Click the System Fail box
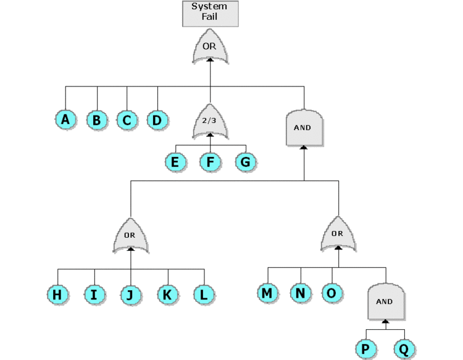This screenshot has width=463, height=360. tap(211, 14)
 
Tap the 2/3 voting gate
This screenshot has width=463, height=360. tap(211, 121)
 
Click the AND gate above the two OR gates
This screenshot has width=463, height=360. tap(304, 128)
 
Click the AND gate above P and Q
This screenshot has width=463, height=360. tap(386, 301)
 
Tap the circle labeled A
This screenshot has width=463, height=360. tap(66, 120)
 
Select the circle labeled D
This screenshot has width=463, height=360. tap(157, 120)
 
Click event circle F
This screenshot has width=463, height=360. tap(211, 162)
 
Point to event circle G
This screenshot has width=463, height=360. tap(246, 162)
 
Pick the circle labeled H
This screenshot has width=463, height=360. tap(57, 295)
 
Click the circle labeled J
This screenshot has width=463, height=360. tap(131, 295)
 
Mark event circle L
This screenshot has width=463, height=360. tap(204, 295)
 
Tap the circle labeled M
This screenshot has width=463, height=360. tap(268, 293)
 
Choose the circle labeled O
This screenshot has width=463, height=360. tap(332, 293)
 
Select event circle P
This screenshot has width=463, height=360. tap(366, 349)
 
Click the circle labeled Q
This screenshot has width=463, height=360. tap(404, 349)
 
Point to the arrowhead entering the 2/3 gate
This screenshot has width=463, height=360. tap(211, 135)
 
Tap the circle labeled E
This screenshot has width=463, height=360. tap(176, 162)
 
